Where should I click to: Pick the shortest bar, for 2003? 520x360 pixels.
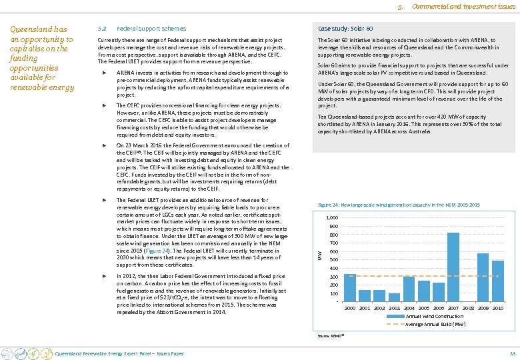point(395,297)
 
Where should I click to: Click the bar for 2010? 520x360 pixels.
point(497,281)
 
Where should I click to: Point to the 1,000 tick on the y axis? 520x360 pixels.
point(331,218)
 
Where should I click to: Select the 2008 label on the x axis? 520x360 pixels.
point(468,309)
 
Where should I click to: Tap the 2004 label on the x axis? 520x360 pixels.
point(409,309)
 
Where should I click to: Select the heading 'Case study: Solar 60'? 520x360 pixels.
point(345,29)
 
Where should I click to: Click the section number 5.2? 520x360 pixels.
point(101,29)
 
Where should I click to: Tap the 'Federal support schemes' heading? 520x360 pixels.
point(151,29)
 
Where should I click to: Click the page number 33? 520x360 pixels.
point(512,353)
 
